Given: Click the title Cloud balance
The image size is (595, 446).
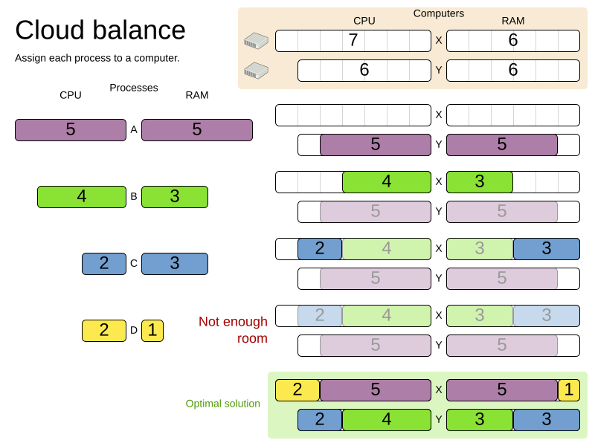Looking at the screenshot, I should pyautogui.click(x=100, y=30).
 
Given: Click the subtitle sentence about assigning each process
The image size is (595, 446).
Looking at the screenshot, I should pyautogui.click(x=97, y=58).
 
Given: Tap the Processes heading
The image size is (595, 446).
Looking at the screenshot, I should pyautogui.click(x=134, y=88).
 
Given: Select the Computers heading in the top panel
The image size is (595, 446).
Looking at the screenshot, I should pyautogui.click(x=439, y=13).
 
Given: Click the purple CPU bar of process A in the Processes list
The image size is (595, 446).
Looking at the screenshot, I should pyautogui.click(x=71, y=130).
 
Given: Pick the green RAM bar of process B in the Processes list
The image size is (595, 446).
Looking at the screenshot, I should pyautogui.click(x=175, y=197).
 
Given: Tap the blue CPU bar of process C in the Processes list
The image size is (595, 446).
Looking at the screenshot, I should pyautogui.click(x=104, y=264).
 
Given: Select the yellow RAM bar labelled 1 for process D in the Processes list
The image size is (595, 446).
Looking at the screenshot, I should pyautogui.click(x=152, y=331).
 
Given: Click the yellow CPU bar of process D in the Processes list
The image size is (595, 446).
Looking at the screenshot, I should pyautogui.click(x=104, y=331).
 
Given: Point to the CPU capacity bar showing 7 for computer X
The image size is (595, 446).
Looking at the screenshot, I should pyautogui.click(x=353, y=41).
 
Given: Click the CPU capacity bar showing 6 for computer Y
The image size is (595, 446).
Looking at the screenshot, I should pyautogui.click(x=364, y=71).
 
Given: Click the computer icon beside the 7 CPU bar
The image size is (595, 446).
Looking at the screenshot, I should pyautogui.click(x=256, y=41).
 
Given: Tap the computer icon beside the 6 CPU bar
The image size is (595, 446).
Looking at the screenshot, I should pyautogui.click(x=256, y=71).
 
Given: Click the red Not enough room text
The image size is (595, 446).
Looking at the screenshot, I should pyautogui.click(x=233, y=330).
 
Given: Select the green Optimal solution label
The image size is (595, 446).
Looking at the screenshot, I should pyautogui.click(x=223, y=404).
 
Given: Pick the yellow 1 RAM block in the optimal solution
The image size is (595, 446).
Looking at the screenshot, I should pyautogui.click(x=568, y=390).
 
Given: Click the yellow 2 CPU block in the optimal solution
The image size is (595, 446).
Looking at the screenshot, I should pyautogui.click(x=297, y=390).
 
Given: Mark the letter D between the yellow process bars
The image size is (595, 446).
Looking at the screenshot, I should pyautogui.click(x=134, y=331).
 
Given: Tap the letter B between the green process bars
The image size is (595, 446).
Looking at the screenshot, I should pyautogui.click(x=134, y=197).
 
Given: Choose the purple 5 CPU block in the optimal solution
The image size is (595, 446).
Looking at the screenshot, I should pyautogui.click(x=376, y=390).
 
